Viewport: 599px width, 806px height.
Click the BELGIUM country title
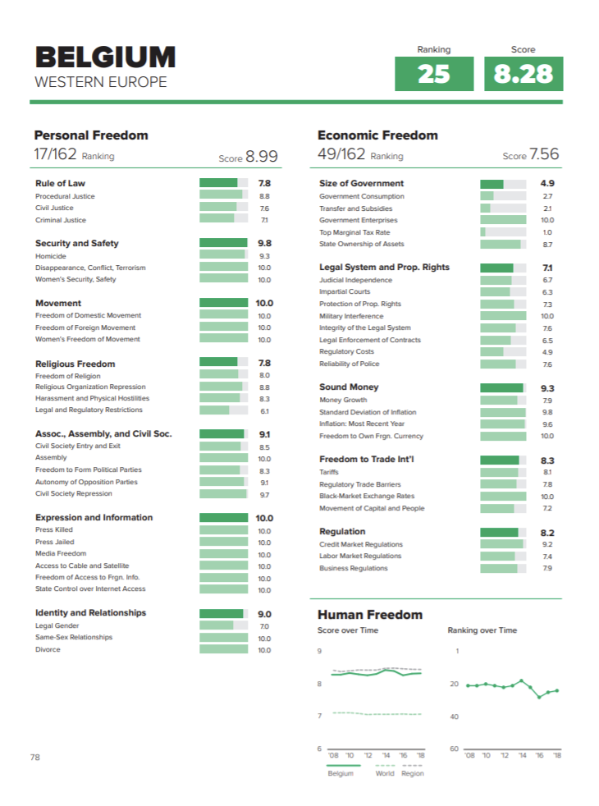pyautogui.click(x=105, y=57)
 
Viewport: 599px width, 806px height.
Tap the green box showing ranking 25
pyautogui.click(x=434, y=74)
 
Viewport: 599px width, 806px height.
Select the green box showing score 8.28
pyautogui.click(x=524, y=74)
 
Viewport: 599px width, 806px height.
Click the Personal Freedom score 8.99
pyautogui.click(x=262, y=156)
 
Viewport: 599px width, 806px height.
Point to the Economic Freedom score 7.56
pyautogui.click(x=544, y=154)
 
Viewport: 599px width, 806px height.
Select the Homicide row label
pyautogui.click(x=51, y=256)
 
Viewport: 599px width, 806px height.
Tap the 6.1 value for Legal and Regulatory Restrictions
pyautogui.click(x=264, y=410)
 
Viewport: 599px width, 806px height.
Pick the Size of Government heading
pyautogui.click(x=361, y=183)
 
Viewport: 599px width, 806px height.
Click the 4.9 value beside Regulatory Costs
pyautogui.click(x=547, y=352)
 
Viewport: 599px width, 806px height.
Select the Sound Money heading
pyautogui.click(x=349, y=387)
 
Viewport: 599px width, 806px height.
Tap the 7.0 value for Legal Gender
pyautogui.click(x=264, y=626)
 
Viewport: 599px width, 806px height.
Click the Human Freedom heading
pyautogui.click(x=370, y=615)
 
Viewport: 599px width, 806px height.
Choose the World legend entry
pyautogui.click(x=385, y=773)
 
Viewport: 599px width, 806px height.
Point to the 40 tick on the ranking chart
pyautogui.click(x=454, y=717)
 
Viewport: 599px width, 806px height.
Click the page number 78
pyautogui.click(x=35, y=757)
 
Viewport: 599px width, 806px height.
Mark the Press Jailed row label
pyautogui.click(x=55, y=542)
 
